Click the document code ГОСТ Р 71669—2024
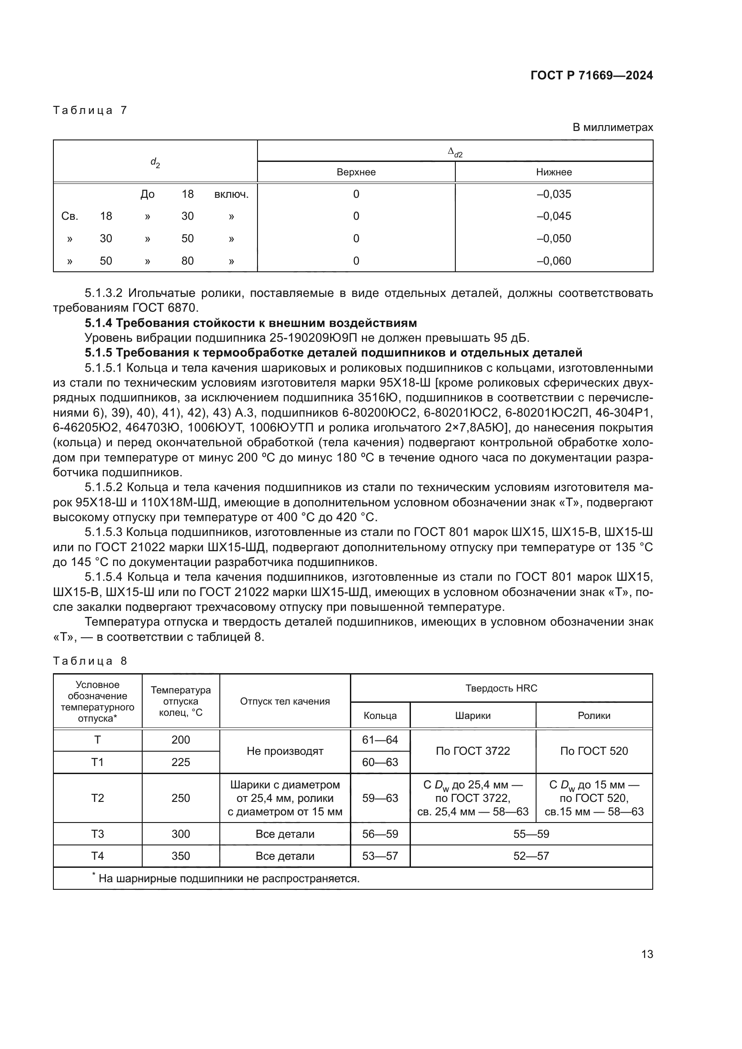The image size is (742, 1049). [x=591, y=75]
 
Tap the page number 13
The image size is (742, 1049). [x=647, y=954]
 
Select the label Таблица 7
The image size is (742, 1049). [x=90, y=110]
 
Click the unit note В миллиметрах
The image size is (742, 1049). [x=612, y=127]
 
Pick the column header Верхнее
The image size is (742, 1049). [x=356, y=172]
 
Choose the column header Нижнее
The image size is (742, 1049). [x=554, y=172]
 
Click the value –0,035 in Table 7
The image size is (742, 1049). [x=554, y=194]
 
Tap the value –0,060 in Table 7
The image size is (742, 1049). [x=554, y=261]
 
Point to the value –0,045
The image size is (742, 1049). [x=554, y=216]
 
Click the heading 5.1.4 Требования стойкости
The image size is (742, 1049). [x=250, y=323]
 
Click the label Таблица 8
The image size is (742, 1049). [x=90, y=661]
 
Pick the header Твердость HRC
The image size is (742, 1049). [x=501, y=688]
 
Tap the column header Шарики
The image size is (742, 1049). [x=472, y=715]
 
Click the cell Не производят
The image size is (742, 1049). [x=285, y=751]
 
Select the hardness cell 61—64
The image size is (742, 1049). [x=380, y=740]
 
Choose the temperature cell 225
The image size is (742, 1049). [x=180, y=762]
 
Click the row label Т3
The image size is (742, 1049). [x=97, y=834]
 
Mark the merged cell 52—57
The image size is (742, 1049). [x=531, y=856]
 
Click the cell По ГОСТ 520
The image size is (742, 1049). [x=594, y=751]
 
